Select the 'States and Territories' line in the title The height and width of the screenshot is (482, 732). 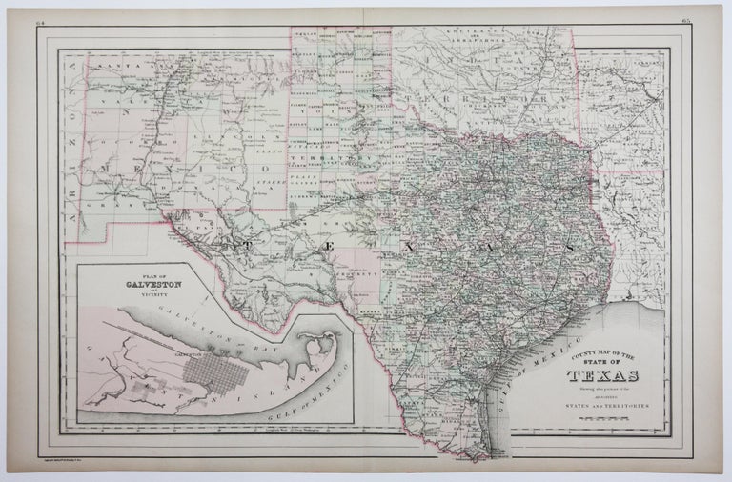[607, 405]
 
